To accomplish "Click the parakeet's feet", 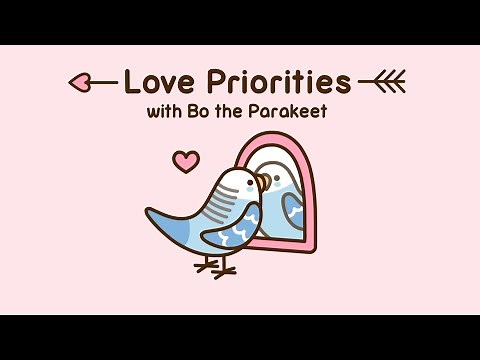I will click(216, 266).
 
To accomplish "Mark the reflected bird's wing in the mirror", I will click(293, 210).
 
